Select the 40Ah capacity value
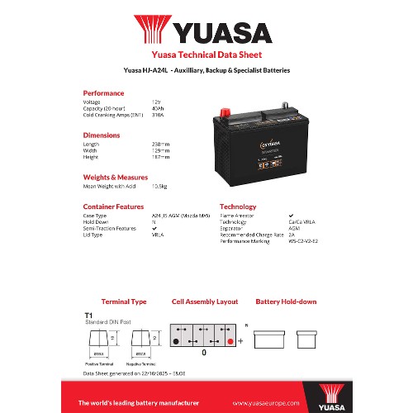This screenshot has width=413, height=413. [x=158, y=107]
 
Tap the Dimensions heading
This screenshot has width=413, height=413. [x=101, y=134]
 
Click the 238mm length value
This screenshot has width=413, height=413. [x=159, y=143]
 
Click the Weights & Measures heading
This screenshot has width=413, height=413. [x=115, y=176]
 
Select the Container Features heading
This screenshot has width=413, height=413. [x=113, y=206]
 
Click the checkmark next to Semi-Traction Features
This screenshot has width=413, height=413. [x=154, y=228]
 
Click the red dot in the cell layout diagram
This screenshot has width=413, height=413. [x=230, y=340]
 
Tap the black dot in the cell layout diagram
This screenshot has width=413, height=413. [x=176, y=340]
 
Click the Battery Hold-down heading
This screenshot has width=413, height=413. [x=286, y=302]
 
